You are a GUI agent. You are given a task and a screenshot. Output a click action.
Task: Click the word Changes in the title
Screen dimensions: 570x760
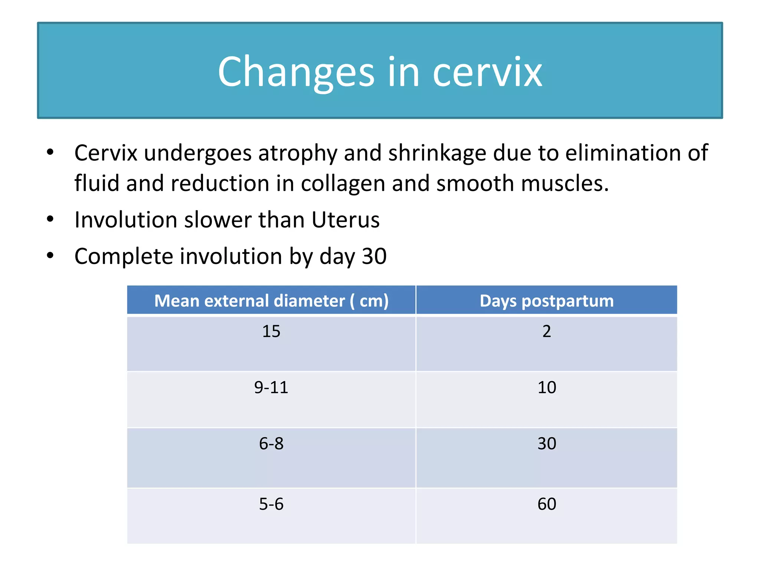tap(296, 72)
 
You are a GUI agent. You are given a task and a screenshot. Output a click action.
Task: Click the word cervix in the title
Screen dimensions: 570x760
tap(487, 72)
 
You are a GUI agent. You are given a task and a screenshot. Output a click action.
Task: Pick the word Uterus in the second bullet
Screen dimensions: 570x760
tap(345, 220)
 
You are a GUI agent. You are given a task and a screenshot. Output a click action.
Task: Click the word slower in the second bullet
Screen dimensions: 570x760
tap(218, 220)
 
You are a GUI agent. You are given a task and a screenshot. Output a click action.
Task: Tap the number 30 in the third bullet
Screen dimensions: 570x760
tap(374, 256)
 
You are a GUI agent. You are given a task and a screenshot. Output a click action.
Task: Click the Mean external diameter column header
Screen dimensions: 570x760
tap(271, 301)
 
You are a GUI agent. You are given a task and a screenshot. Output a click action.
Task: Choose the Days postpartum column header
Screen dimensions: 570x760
tap(547, 301)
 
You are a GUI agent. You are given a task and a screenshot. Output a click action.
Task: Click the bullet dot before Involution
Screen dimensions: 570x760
tap(50, 219)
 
